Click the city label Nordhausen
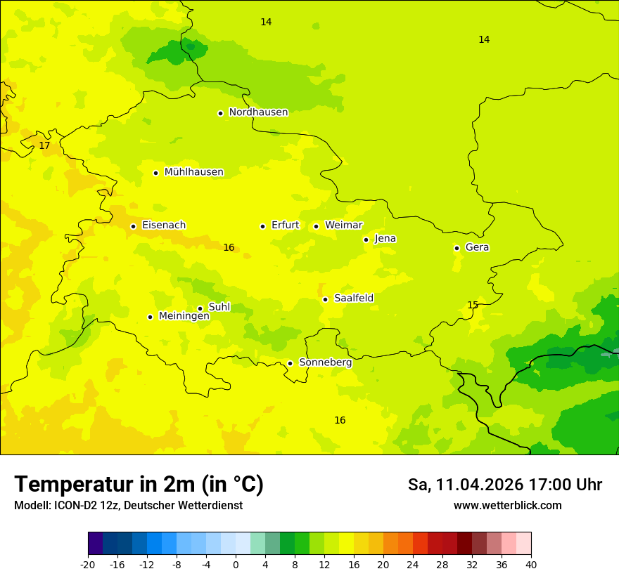258,112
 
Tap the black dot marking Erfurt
262,226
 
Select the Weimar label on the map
343,225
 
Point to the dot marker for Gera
457,248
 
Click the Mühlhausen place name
193,172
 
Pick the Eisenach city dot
133,226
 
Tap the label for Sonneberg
325,362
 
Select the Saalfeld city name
354,299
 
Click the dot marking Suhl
200,308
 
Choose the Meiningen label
184,316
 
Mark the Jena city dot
366,240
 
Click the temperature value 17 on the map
44,146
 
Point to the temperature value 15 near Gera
473,305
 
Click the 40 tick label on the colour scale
530,564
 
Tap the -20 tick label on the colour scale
88,564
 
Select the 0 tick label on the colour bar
236,564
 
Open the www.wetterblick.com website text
507,505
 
